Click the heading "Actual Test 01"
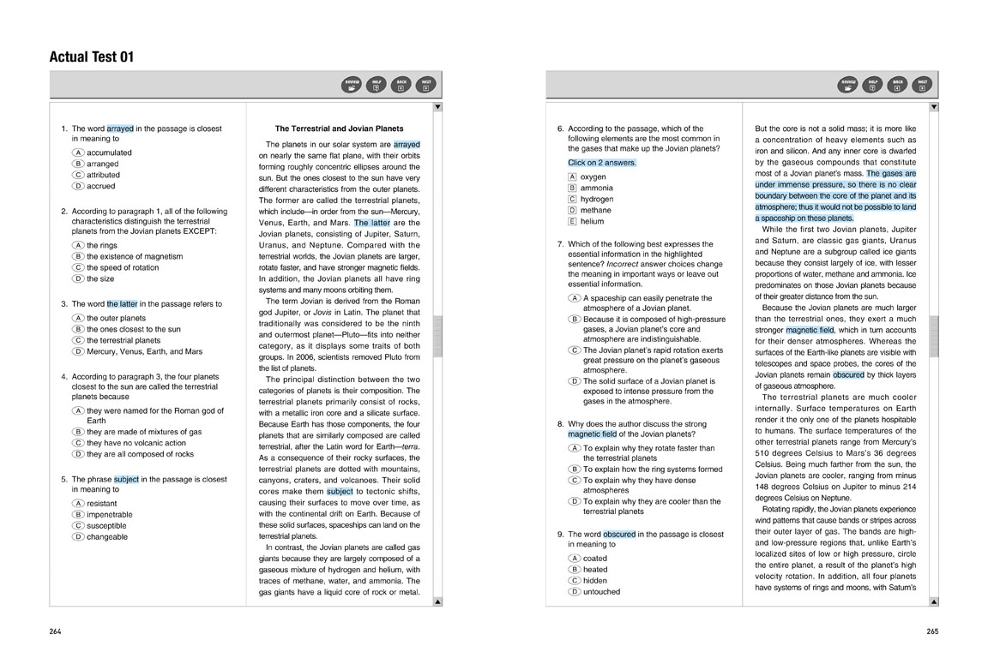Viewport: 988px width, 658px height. point(92,57)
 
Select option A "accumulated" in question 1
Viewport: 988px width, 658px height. point(78,153)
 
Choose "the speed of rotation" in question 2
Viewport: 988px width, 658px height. point(78,267)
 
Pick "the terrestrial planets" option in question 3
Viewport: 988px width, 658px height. point(78,340)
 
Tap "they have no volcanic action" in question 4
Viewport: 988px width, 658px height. point(78,443)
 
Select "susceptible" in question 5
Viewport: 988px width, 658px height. point(78,526)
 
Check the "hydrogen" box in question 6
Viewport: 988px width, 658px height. point(572,199)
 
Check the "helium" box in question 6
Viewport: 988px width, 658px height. point(572,221)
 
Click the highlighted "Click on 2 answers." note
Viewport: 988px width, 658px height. point(602,162)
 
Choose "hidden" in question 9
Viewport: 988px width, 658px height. point(575,580)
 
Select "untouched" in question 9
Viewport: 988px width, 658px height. point(575,591)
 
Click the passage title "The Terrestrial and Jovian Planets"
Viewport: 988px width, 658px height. point(339,129)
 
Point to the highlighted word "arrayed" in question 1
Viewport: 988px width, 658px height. point(120,129)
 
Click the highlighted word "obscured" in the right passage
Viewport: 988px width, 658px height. point(848,374)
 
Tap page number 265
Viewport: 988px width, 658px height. point(932,631)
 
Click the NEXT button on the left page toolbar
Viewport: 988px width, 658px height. point(425,84)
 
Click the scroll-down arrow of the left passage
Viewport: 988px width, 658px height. point(437,601)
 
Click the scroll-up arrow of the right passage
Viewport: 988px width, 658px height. point(934,107)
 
